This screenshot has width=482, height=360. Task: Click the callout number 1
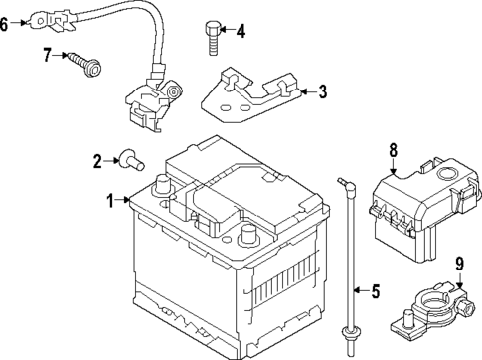click(111, 201)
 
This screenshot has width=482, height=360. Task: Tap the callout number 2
click(98, 161)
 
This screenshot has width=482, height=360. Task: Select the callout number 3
click(322, 92)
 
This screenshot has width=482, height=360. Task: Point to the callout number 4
click(241, 31)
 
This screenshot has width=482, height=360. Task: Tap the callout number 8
click(393, 150)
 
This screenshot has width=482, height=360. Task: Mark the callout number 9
click(459, 264)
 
